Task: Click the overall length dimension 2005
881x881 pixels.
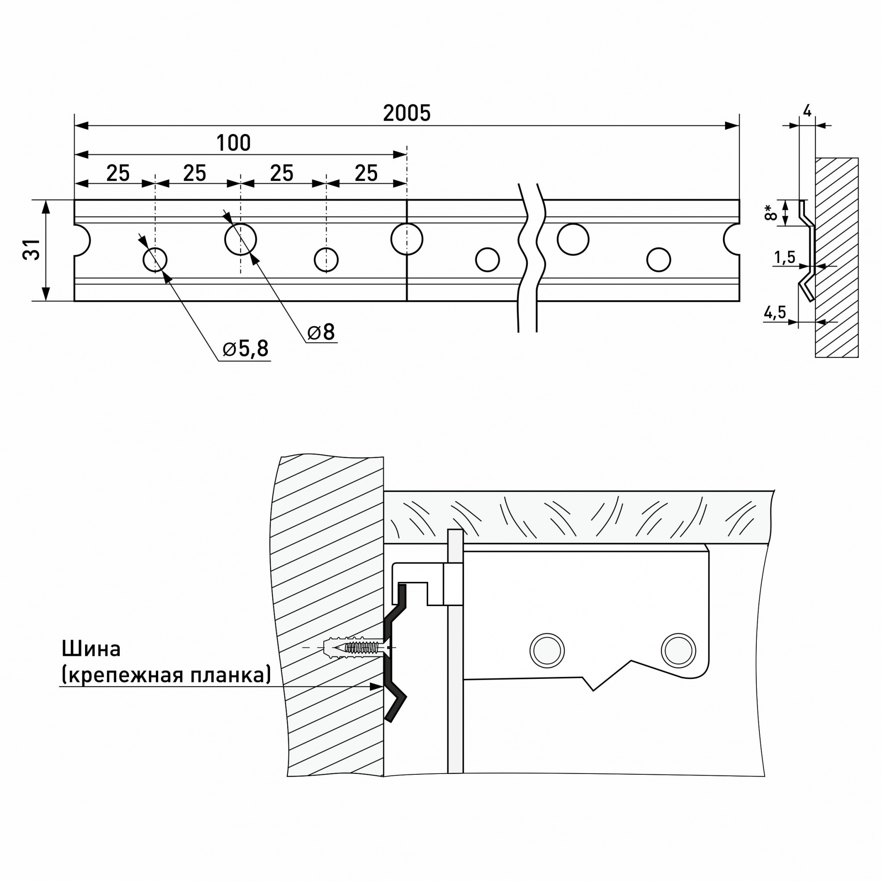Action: (406, 113)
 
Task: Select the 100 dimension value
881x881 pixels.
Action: (233, 143)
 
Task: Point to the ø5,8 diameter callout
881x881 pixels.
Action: (245, 349)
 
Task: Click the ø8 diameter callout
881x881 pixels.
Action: (321, 332)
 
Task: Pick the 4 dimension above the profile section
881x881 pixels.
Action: (807, 111)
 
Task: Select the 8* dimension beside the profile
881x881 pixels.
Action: (770, 212)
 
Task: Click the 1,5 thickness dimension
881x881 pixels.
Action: (785, 258)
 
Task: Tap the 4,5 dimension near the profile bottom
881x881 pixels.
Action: (775, 312)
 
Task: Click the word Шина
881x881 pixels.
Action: (91, 649)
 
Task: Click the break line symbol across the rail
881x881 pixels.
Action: (529, 255)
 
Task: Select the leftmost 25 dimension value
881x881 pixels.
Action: (118, 173)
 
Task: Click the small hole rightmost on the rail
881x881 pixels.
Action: (658, 260)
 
